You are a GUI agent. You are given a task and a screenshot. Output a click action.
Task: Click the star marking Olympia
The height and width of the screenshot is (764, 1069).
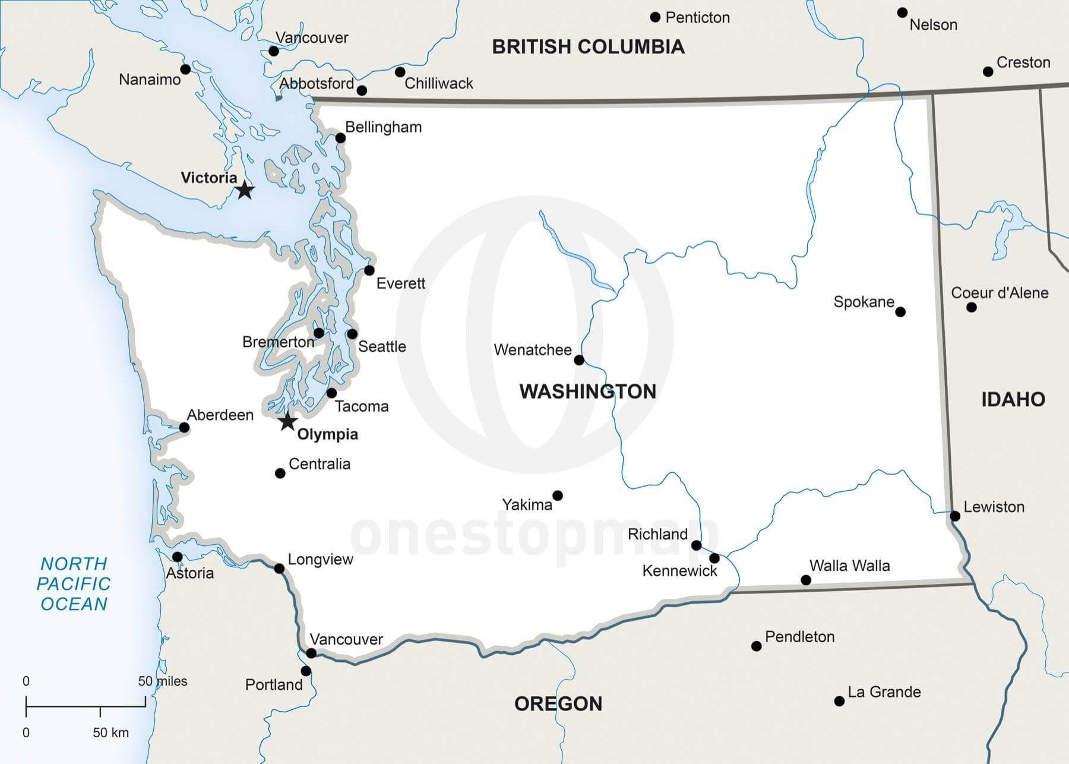[x=288, y=421]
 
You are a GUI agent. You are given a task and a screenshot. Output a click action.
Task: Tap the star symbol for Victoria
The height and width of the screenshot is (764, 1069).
[x=245, y=190]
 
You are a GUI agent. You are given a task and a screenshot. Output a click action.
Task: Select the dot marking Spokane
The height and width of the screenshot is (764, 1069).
[x=900, y=312]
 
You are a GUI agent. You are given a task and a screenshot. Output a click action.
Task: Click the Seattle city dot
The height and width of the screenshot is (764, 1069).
[x=352, y=334]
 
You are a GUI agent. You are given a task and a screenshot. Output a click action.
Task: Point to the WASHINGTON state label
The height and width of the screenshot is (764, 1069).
[x=587, y=392]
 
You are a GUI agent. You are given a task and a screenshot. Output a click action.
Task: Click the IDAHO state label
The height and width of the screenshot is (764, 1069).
[x=1013, y=399]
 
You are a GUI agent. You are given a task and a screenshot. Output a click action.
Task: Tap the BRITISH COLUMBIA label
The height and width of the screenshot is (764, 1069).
[x=588, y=47]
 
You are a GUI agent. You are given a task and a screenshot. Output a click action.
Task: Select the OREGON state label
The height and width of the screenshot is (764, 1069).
[x=558, y=704]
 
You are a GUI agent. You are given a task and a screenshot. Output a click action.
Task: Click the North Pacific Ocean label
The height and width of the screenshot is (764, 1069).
[x=74, y=583]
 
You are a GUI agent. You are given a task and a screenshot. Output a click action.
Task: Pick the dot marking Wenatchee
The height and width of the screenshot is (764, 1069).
[x=579, y=360]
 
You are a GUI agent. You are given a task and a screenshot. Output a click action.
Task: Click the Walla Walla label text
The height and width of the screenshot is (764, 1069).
[x=849, y=566]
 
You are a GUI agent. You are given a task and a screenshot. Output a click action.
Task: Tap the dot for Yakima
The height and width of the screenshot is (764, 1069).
[x=558, y=495]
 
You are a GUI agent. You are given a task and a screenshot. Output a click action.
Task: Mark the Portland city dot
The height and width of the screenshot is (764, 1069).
[x=306, y=671]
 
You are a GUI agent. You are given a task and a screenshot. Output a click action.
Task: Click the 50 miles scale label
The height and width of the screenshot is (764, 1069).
[x=163, y=681]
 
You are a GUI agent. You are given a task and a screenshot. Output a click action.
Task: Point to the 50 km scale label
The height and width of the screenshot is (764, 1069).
[x=110, y=733]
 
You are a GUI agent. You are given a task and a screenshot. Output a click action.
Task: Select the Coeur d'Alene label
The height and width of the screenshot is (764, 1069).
[x=1000, y=293]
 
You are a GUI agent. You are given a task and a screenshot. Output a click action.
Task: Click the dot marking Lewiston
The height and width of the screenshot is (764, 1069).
[x=955, y=516]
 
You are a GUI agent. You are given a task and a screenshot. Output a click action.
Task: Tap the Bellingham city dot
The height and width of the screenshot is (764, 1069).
[x=340, y=138]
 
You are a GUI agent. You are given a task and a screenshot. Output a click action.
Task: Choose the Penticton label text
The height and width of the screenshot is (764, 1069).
[x=697, y=18]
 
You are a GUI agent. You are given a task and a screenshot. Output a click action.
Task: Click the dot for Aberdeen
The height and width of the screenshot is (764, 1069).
[x=184, y=428]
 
